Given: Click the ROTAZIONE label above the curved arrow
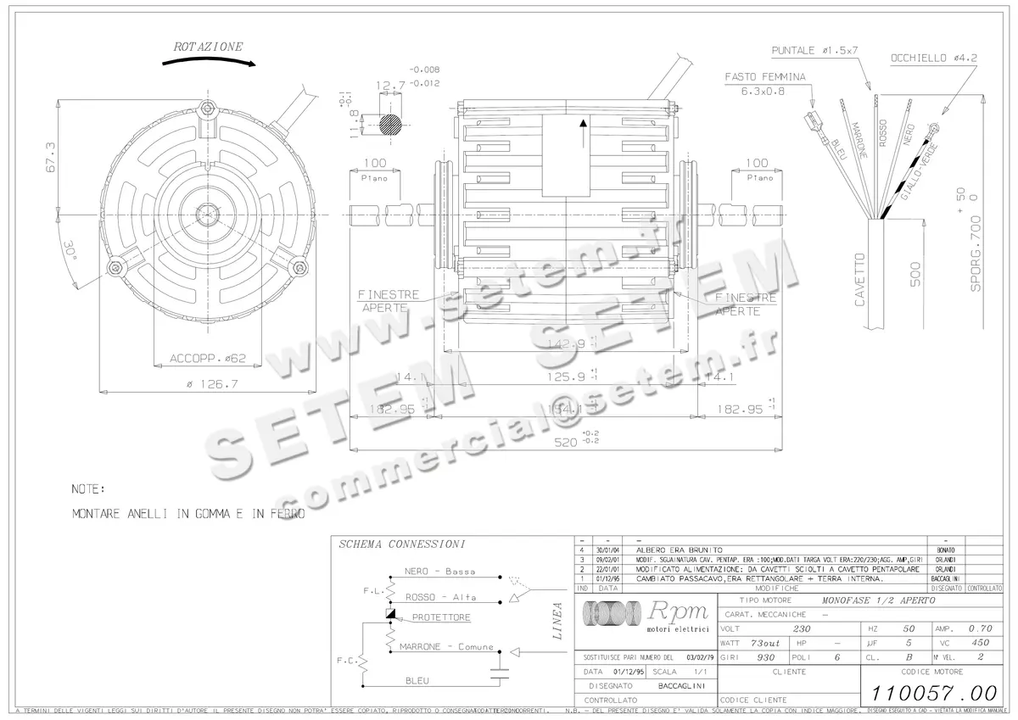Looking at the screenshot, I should pos(208,47).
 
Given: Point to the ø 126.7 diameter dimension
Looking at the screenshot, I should pos(212,384).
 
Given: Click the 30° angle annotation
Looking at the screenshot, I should pos(70,251).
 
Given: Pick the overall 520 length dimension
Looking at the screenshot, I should pos(563,442).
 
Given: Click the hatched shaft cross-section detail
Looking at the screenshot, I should pos(391,123).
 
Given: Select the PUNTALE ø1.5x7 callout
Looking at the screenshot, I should pos(814,51).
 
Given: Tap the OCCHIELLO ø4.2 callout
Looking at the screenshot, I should pos(933,59).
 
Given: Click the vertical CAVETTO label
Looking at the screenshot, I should pos(860,280).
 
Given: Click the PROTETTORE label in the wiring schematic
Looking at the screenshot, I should pos(441,617).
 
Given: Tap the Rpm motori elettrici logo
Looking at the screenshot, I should pos(644,616).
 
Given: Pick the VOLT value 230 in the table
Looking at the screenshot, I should pos(800,629).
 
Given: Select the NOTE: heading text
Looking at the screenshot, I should pos(88,489).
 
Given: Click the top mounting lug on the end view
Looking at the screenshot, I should pos(207,110).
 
